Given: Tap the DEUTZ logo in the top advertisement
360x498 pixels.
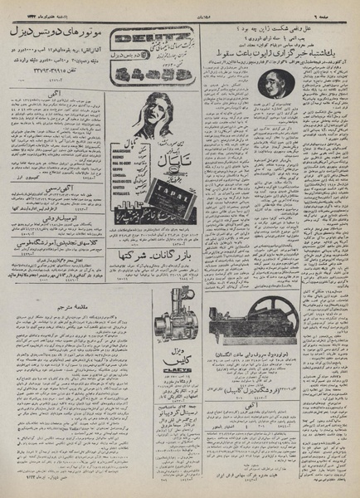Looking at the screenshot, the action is [x=146, y=37].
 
